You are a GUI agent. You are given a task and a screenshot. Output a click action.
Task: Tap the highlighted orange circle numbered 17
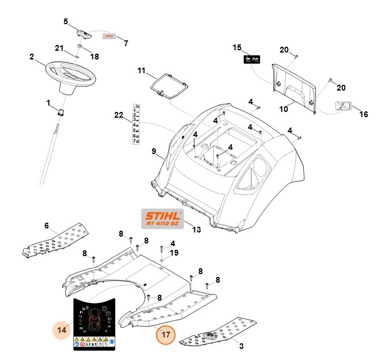coord(166,333)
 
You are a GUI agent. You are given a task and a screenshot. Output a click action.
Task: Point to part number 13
coord(197,230)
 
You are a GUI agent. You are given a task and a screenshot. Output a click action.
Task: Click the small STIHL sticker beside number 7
coord(109,35)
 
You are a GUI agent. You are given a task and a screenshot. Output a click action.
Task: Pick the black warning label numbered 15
coord(250,59)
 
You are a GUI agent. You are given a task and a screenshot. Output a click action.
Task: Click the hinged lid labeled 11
coord(168,84)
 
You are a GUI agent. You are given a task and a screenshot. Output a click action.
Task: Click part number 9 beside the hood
coord(154,152)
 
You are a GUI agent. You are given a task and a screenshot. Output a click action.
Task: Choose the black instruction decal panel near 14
coord(94,325)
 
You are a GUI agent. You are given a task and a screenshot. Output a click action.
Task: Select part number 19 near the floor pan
coord(173,253)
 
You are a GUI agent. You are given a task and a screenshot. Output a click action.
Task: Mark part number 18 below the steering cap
coord(95,57)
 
